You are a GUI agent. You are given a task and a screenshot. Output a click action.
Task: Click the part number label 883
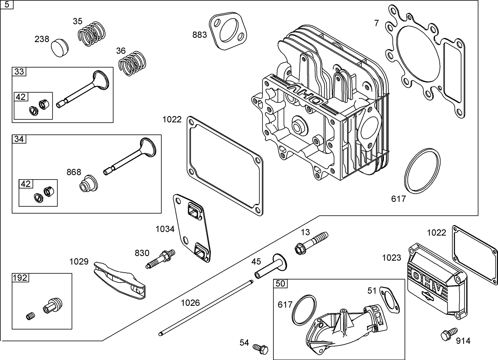(199, 35)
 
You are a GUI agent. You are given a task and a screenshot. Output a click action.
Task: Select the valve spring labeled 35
(93, 34)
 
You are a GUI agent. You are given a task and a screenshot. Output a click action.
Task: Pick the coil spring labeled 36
(133, 62)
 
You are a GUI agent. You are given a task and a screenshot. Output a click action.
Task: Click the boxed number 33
(19, 72)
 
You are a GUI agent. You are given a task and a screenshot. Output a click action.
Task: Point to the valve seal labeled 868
(88, 184)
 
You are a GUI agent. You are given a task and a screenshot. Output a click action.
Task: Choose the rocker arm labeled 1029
(119, 279)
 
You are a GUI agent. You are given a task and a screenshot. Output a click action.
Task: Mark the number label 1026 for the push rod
(190, 303)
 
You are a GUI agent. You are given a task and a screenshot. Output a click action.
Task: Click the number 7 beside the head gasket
(376, 23)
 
